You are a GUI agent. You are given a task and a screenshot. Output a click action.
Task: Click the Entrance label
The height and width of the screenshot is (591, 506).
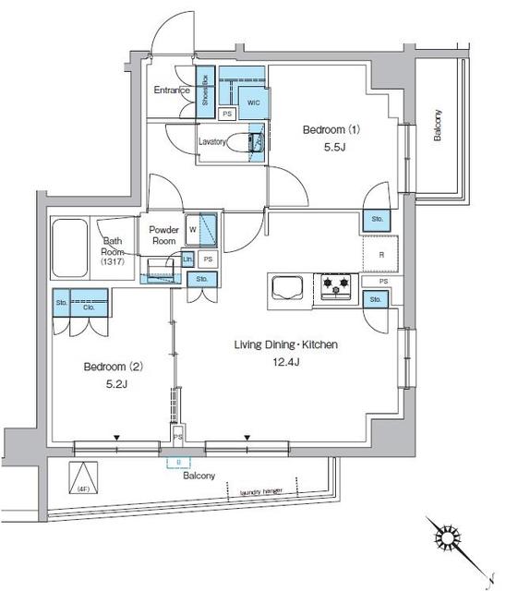coord(172,90)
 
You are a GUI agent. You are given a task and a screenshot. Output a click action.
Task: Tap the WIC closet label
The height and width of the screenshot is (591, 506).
coord(253,103)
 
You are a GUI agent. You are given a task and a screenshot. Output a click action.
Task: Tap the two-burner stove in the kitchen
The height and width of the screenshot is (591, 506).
coord(336,287)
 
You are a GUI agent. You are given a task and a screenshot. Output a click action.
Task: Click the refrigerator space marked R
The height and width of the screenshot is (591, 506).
coord(379,255)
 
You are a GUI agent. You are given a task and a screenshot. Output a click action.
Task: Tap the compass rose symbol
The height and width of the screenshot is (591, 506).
coord(447,538)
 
